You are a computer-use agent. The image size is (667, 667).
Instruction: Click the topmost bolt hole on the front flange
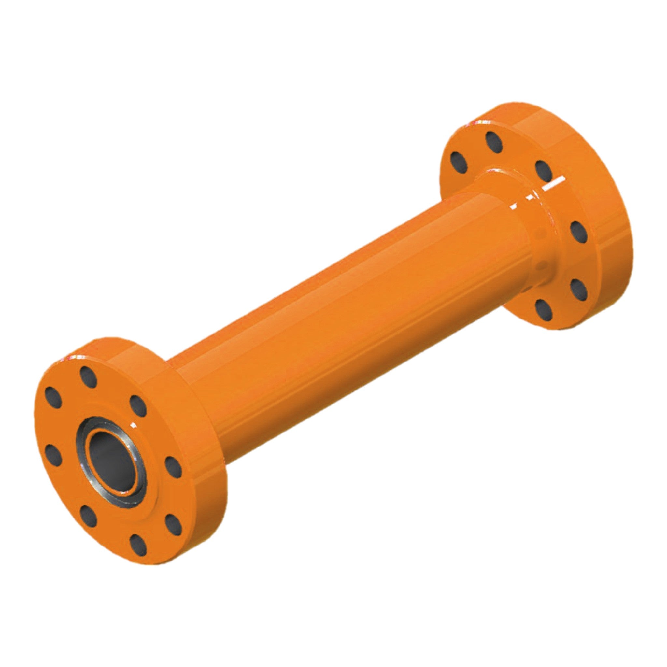point(88,377)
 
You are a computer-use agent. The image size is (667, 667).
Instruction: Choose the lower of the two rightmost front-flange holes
point(173,525)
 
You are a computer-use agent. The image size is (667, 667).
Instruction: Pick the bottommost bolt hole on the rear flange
point(544,310)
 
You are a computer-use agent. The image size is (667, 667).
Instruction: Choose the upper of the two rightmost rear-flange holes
point(579,232)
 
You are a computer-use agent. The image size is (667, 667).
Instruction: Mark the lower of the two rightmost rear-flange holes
point(579,290)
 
